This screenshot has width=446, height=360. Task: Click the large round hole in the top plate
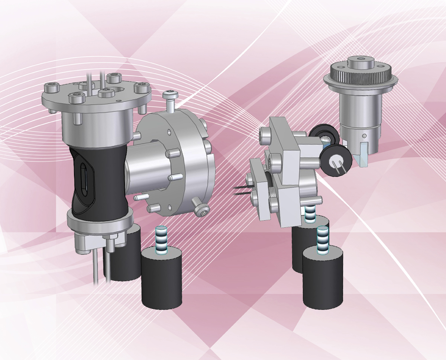click(118, 90)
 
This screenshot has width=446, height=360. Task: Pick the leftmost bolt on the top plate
click(51, 89)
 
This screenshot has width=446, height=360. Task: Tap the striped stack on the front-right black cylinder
click(323, 240)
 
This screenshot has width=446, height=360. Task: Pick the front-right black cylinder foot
click(322, 277)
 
